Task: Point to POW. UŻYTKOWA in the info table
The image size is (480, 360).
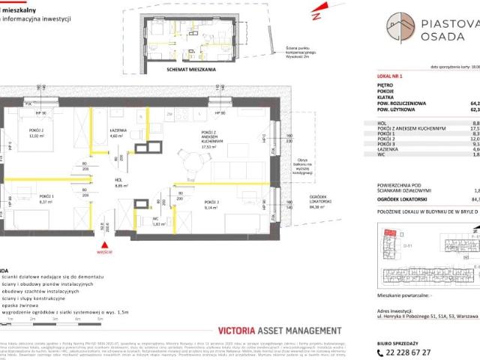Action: [400, 109]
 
